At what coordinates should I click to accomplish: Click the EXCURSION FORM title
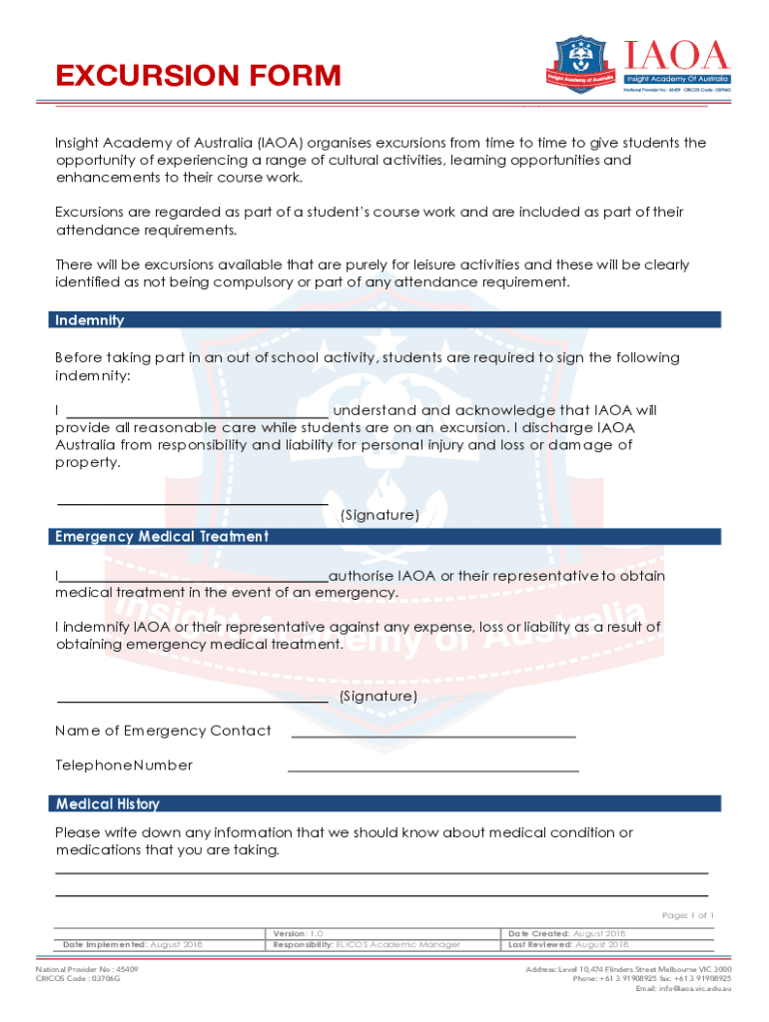[198, 76]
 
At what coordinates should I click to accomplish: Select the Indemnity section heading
[90, 320]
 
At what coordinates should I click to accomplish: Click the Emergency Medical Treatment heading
[162, 537]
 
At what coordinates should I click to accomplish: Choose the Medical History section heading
[107, 804]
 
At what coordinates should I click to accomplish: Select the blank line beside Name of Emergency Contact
[432, 737]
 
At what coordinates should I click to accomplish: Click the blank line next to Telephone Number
[432, 770]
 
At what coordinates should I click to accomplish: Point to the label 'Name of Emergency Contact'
[163, 731]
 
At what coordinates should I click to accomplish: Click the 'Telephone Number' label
[124, 766]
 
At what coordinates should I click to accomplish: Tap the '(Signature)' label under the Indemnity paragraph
[380, 515]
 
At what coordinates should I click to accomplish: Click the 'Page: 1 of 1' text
[688, 915]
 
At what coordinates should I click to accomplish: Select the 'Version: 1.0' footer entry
[298, 933]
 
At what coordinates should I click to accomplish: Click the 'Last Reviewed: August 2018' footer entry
[568, 944]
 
